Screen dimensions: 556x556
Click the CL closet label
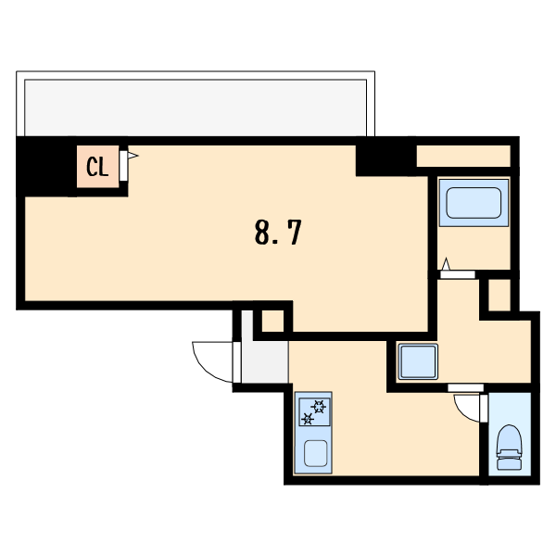coord(97,167)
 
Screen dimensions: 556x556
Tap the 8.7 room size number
coord(278,233)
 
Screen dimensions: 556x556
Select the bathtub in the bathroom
coord(474,203)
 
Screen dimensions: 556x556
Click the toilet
coord(509,448)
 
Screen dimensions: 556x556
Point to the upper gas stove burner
coord(319,407)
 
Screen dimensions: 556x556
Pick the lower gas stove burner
coord(308,419)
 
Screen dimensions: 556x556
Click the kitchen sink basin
coord(316,453)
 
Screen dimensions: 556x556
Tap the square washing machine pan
coord(418,361)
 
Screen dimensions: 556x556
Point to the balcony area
coord(196,107)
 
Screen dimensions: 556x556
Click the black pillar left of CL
coord(47,167)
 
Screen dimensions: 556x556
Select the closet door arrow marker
coord(133,156)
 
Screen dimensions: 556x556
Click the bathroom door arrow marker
coord(446,264)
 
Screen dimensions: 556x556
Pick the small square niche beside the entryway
coord(273,321)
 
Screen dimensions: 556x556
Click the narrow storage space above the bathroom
coord(463,156)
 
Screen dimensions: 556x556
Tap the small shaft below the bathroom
coord(499,295)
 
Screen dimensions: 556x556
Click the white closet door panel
coord(123,166)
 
